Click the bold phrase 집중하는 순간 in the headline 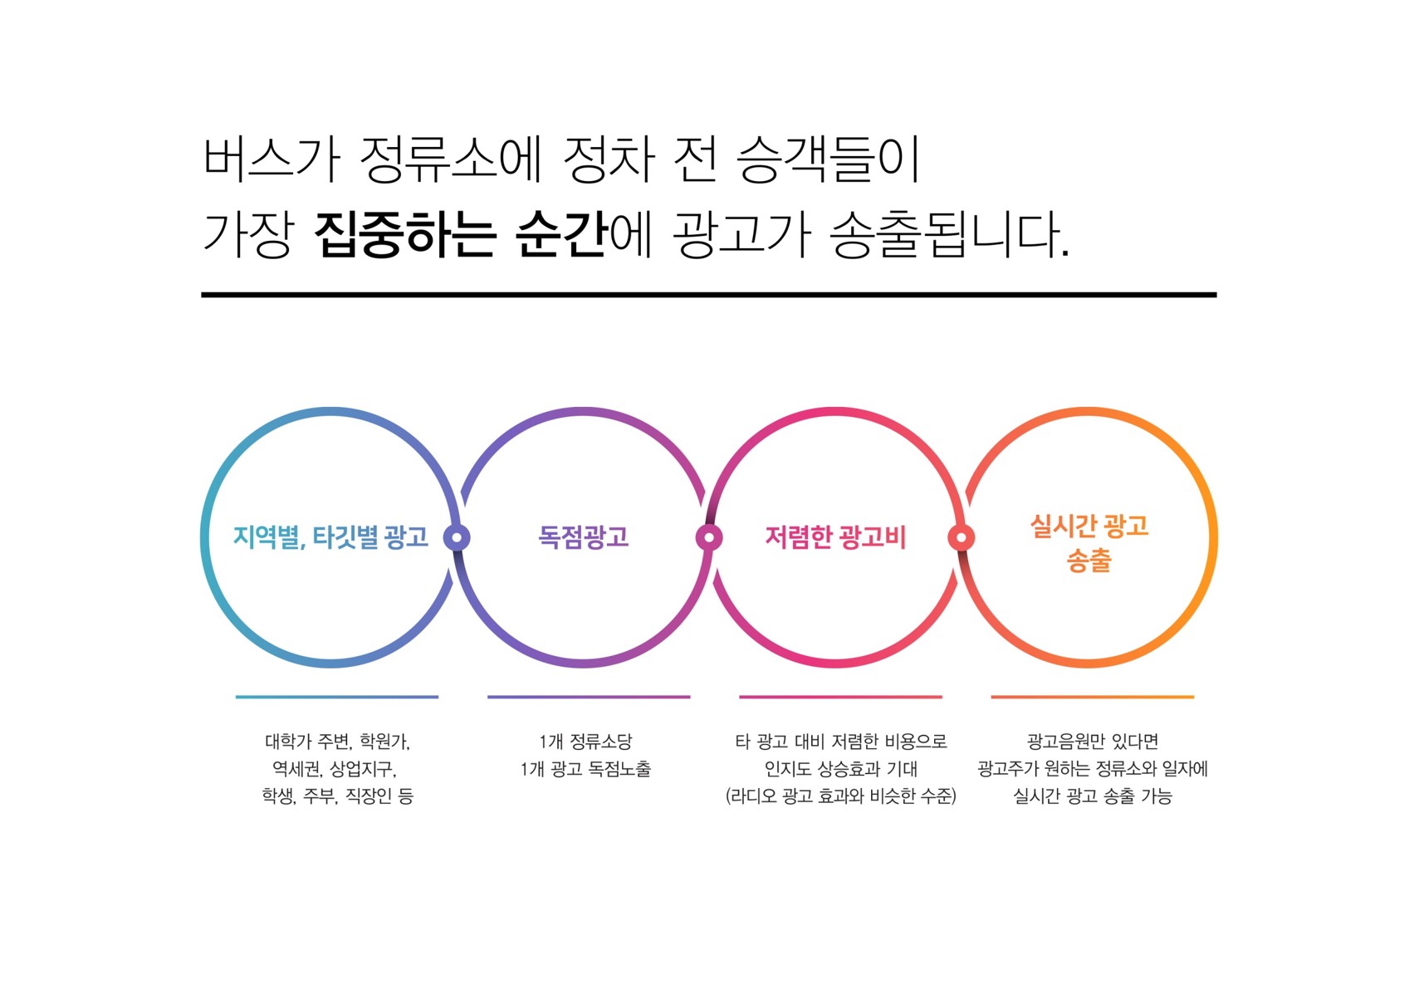pyautogui.click(x=461, y=234)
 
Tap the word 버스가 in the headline pyautogui.click(x=272, y=159)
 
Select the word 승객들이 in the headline pyautogui.click(x=829, y=159)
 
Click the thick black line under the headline pyautogui.click(x=709, y=295)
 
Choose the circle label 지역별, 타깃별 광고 pyautogui.click(x=330, y=537)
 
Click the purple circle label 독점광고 pyautogui.click(x=583, y=537)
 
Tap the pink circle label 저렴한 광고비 pyautogui.click(x=835, y=537)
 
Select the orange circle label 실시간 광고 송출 pyautogui.click(x=1089, y=543)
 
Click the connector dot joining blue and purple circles pyautogui.click(x=457, y=538)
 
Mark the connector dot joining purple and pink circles pyautogui.click(x=709, y=538)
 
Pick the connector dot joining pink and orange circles pyautogui.click(x=961, y=538)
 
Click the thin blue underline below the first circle pyautogui.click(x=337, y=697)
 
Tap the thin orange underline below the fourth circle pyautogui.click(x=1093, y=697)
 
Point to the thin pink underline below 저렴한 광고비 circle pyautogui.click(x=840, y=697)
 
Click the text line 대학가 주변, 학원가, pyautogui.click(x=338, y=741)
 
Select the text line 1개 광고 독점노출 pyautogui.click(x=586, y=769)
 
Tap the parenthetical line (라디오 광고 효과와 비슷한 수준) pyautogui.click(x=840, y=796)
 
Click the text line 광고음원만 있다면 pyautogui.click(x=1093, y=741)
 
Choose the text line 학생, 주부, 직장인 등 pyautogui.click(x=338, y=796)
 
